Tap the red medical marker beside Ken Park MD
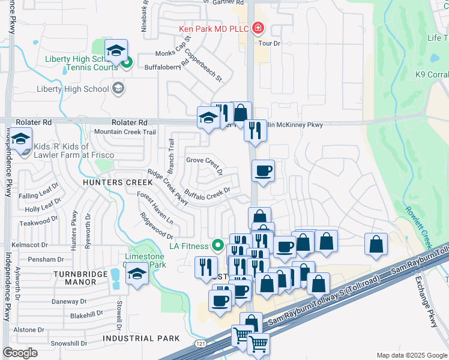click(258, 28)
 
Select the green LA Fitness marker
click(218, 245)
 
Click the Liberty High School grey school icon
click(118, 89)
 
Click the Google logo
click(20, 352)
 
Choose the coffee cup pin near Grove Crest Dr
click(263, 172)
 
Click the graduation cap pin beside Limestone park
click(137, 275)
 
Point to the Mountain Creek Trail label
click(125, 132)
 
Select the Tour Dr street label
click(269, 44)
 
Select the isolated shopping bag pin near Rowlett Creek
click(376, 244)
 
